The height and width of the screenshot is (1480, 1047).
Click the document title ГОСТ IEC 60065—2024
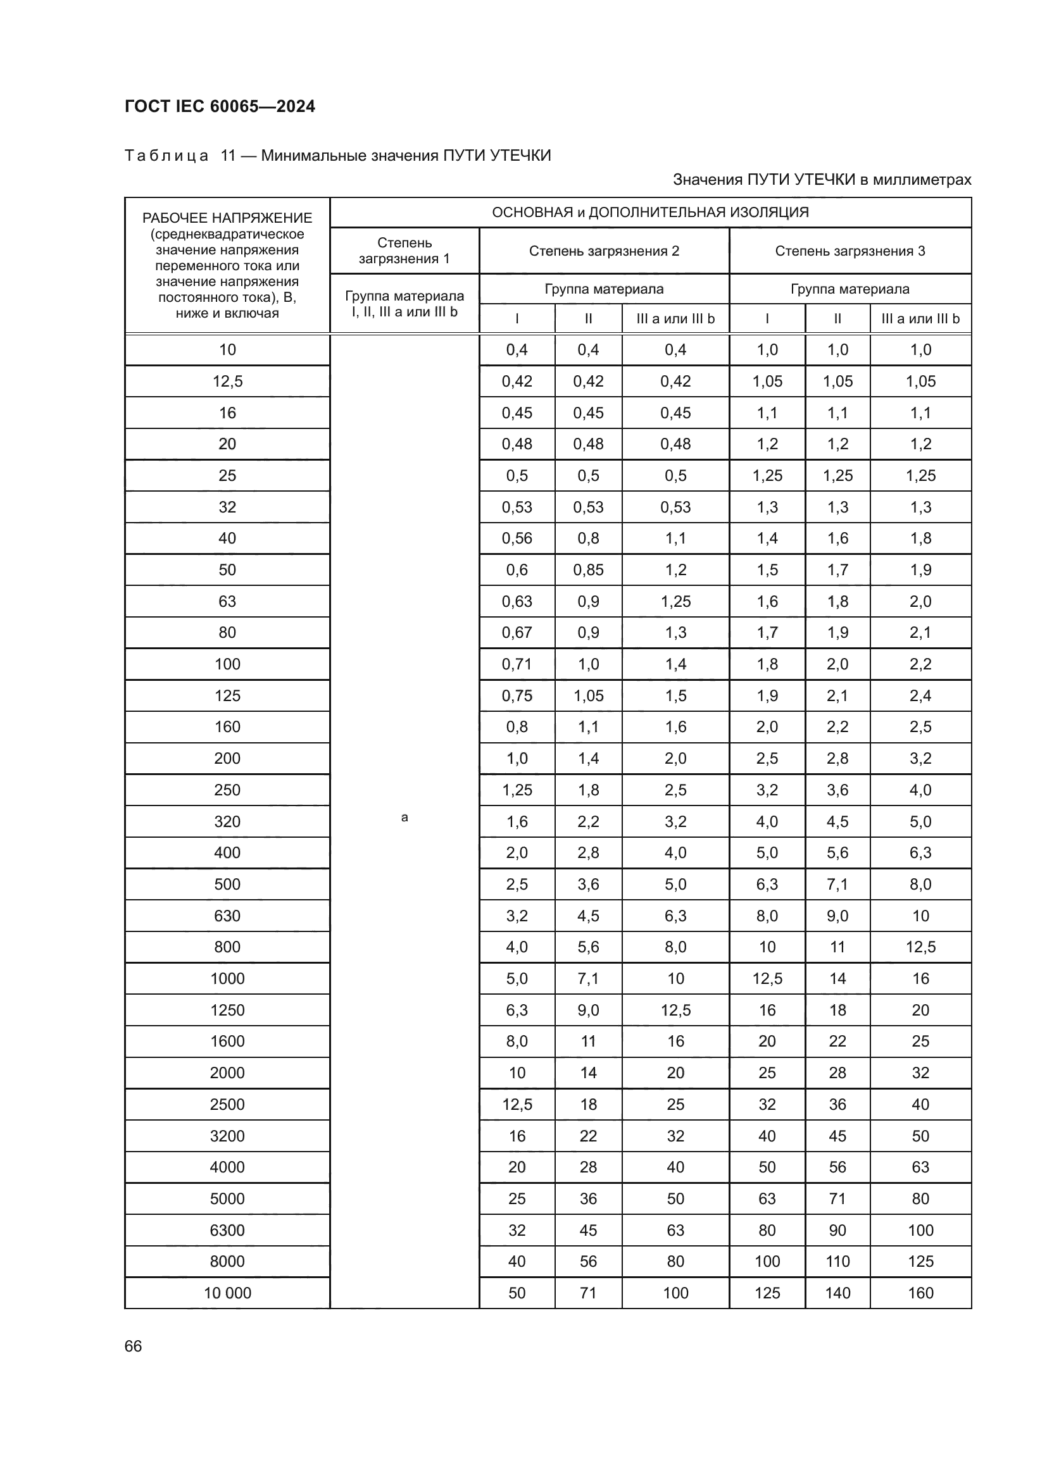point(219,106)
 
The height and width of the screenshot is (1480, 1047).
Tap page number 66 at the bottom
point(133,1346)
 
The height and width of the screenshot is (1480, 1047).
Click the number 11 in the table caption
point(229,156)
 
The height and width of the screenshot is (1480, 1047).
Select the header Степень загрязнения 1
point(404,251)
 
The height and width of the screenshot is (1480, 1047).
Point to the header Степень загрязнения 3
point(849,251)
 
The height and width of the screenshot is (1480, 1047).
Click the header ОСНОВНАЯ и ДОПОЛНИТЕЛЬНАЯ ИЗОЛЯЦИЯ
point(650,212)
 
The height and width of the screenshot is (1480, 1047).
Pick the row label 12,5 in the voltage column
point(227,381)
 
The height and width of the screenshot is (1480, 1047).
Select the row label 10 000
point(227,1293)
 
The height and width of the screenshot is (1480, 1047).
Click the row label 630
point(227,916)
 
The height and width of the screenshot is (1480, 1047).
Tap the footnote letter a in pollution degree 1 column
point(404,818)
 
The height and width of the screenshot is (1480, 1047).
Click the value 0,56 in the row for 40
point(517,538)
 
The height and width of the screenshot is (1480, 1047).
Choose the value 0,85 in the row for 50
point(588,570)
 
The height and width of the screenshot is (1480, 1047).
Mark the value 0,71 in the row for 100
point(517,664)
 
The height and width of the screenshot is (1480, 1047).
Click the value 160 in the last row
point(920,1293)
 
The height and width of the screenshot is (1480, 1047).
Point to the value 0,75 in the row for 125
point(517,695)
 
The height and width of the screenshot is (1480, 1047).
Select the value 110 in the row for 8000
point(837,1262)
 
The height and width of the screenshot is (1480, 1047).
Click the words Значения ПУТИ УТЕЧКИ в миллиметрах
point(822,180)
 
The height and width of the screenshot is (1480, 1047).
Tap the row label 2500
point(227,1104)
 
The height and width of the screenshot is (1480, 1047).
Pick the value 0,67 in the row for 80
point(517,632)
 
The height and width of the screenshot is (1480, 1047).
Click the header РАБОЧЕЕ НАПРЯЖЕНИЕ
point(227,218)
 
